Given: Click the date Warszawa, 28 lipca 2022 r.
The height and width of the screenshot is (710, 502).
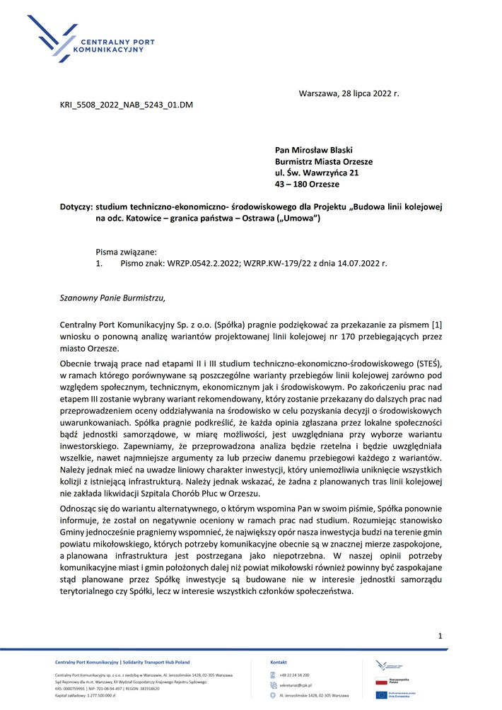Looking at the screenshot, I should [x=349, y=93].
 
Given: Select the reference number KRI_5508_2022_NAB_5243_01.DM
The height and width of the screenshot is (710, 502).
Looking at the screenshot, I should [x=127, y=105].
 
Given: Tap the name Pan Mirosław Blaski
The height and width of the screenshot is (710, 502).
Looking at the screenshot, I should [x=313, y=150].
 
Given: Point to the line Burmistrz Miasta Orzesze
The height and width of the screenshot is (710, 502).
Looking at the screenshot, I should [x=324, y=161].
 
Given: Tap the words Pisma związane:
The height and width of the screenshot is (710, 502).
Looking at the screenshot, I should [x=126, y=251].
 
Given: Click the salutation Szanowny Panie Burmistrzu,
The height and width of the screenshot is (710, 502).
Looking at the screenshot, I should [x=112, y=298].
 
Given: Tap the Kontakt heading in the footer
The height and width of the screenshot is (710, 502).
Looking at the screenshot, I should [x=279, y=662].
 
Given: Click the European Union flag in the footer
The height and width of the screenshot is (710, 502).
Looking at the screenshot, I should [x=381, y=695].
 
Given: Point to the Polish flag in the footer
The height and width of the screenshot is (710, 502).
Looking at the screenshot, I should [x=381, y=682].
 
